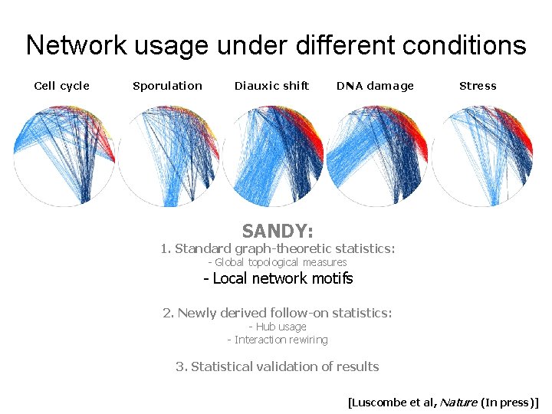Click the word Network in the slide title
click(x=74, y=45)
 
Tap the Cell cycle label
click(x=62, y=86)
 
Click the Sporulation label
click(x=167, y=86)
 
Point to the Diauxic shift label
click(x=271, y=86)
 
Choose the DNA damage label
click(x=375, y=86)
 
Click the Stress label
click(x=478, y=86)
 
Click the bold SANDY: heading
click(x=277, y=231)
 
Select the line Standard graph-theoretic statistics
click(x=278, y=248)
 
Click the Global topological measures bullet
click(x=278, y=262)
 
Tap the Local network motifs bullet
click(x=278, y=278)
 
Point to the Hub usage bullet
click(x=277, y=327)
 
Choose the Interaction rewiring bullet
click(x=277, y=340)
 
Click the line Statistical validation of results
click(x=277, y=366)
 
